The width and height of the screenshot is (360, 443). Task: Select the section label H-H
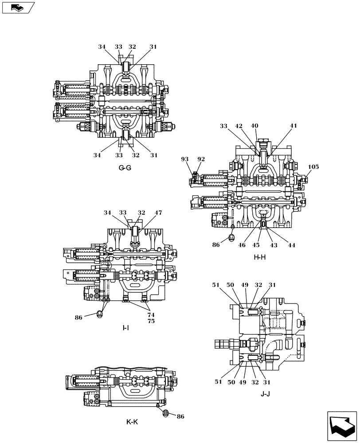tap(259, 257)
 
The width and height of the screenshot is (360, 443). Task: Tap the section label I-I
tap(126, 328)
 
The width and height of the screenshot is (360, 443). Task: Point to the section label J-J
tap(266, 394)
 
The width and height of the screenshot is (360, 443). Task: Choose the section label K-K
tap(132, 422)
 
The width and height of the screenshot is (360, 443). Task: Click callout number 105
tap(313, 167)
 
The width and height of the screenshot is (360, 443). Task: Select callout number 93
tap(185, 159)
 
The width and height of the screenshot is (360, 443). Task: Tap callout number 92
tap(201, 159)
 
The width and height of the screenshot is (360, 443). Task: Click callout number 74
tap(151, 315)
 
